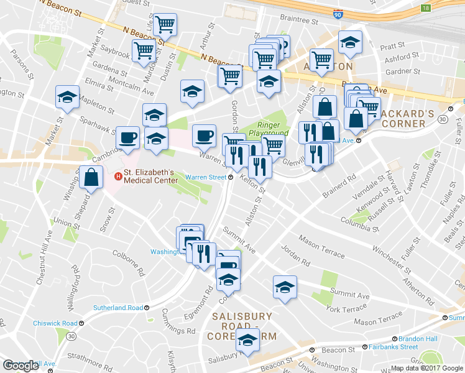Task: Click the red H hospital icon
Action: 117,177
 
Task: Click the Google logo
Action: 21,366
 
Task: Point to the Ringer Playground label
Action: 269,128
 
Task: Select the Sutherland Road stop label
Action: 118,308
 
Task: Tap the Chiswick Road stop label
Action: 60,323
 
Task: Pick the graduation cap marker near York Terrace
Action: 285,287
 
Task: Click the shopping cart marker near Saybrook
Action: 144,50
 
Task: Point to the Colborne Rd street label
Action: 128,254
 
